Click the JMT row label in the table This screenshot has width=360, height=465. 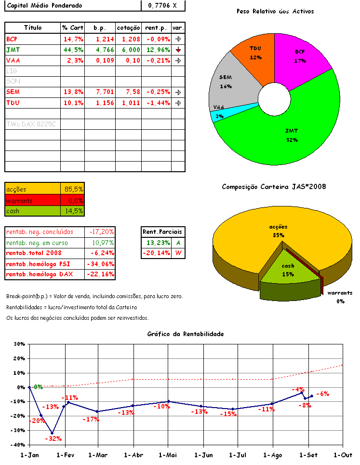[13, 50]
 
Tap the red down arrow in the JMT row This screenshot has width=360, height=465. [178, 50]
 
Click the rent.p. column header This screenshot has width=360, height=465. [157, 28]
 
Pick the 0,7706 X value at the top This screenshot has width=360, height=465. [162, 5]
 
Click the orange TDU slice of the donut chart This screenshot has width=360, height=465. [253, 54]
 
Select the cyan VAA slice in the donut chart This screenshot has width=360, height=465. [219, 116]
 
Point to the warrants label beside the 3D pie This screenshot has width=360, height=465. [340, 293]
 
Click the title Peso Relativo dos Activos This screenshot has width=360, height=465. [275, 11]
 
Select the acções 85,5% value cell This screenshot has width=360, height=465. [73, 190]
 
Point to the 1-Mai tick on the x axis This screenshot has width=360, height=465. [168, 455]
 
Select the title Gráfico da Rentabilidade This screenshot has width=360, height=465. [186, 334]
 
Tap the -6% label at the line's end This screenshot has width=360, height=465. [322, 394]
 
